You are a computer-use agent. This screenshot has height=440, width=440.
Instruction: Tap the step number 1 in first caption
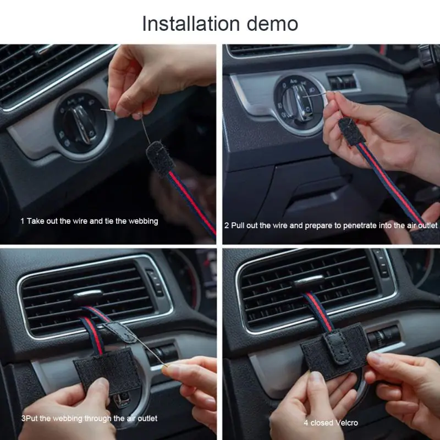[23, 221]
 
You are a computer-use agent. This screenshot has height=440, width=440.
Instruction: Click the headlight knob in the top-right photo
[300, 99]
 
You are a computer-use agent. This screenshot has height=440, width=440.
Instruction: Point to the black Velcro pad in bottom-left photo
[105, 366]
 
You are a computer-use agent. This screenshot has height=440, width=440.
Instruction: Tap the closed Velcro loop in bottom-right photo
[334, 346]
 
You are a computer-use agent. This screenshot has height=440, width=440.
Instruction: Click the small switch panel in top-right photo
[343, 82]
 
